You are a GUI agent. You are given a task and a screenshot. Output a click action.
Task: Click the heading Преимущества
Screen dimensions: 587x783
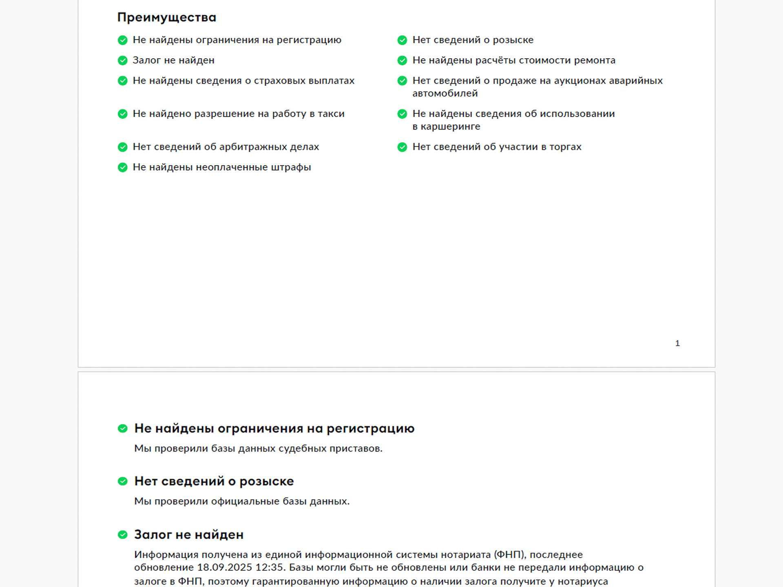point(167,18)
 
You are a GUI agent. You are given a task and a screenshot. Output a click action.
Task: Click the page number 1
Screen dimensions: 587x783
point(677,343)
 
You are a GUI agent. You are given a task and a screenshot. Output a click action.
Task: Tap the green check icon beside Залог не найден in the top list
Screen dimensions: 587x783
point(123,61)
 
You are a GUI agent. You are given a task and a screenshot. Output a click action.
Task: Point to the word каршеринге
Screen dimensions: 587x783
point(450,127)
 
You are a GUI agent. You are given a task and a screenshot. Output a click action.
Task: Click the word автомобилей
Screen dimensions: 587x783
point(445,93)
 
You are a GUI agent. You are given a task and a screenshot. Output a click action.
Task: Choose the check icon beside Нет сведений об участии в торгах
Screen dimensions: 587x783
point(402,147)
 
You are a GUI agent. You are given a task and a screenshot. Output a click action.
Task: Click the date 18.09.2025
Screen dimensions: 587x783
point(225,567)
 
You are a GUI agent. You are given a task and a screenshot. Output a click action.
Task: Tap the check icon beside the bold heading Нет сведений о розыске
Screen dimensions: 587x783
point(123,481)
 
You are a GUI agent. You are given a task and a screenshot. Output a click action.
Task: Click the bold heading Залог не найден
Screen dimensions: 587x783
point(189,534)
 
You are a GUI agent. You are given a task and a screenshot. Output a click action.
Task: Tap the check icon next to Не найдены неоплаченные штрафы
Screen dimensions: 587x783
point(123,168)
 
